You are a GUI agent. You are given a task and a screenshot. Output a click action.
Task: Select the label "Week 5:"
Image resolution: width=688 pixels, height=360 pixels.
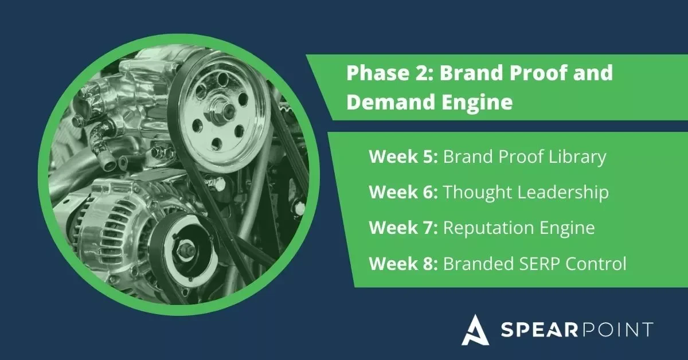tap(403, 156)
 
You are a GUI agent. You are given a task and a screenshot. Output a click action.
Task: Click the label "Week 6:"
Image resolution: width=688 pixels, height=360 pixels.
tap(403, 193)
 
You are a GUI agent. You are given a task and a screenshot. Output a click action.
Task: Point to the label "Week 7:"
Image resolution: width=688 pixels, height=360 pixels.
tap(403, 228)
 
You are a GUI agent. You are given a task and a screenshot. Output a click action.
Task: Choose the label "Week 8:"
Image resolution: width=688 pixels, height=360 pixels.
tap(403, 264)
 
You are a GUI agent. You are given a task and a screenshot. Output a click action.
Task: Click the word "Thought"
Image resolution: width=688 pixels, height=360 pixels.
tap(474, 193)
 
